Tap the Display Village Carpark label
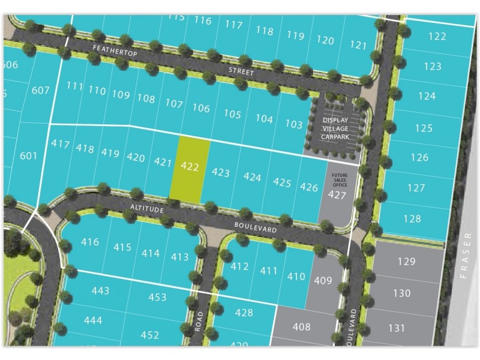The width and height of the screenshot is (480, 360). [335, 128]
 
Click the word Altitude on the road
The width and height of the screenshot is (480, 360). [147, 208]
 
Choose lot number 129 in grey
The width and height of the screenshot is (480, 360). [406, 261]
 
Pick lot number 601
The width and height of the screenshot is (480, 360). [29, 156]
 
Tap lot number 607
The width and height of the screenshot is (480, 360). [40, 91]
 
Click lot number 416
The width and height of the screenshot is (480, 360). [89, 242]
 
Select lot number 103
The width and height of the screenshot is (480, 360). [294, 124]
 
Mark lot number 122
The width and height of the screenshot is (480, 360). [437, 37]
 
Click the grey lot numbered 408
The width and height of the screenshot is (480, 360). [302, 326]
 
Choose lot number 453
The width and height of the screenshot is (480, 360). [157, 297]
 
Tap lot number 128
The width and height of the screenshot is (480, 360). [413, 219]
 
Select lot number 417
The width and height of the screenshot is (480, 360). [61, 144]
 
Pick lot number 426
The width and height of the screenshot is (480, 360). [308, 187]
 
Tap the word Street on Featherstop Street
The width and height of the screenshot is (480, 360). [241, 73]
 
